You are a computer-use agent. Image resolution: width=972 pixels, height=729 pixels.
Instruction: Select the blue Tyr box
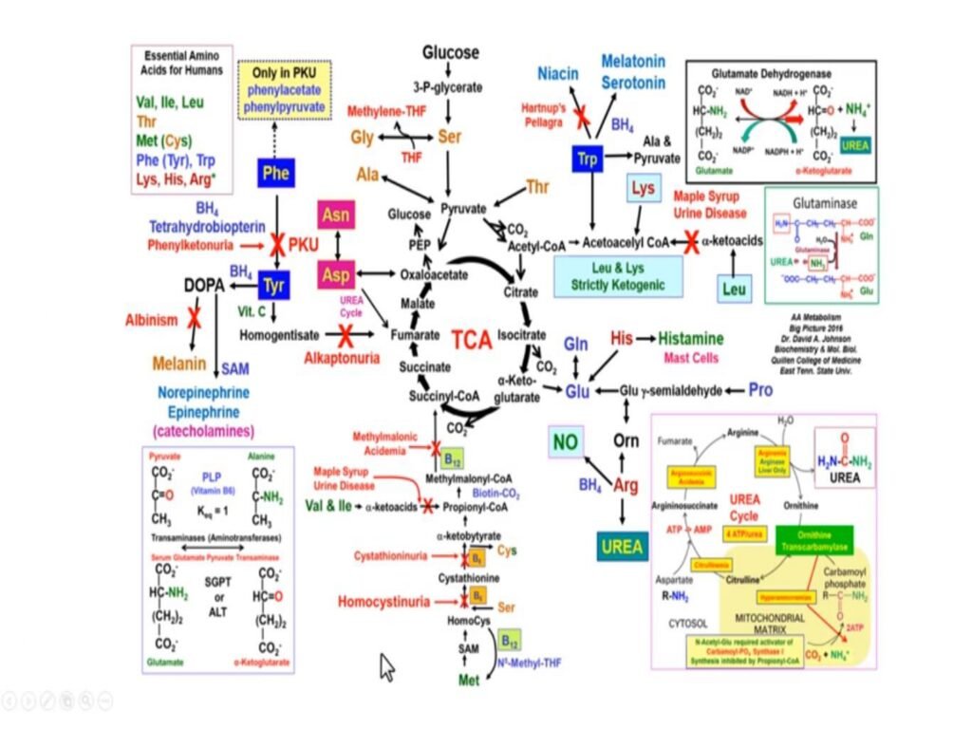tap(273, 284)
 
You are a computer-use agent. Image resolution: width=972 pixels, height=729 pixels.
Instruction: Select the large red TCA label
tap(471, 339)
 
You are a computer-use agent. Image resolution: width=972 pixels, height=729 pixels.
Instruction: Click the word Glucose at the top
tap(451, 52)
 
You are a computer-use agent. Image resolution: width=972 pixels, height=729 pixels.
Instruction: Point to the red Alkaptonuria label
tap(342, 358)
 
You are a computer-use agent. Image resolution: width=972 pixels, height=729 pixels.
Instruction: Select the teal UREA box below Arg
tap(623, 547)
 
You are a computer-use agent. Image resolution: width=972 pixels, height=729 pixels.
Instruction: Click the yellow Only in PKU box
tap(287, 90)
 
